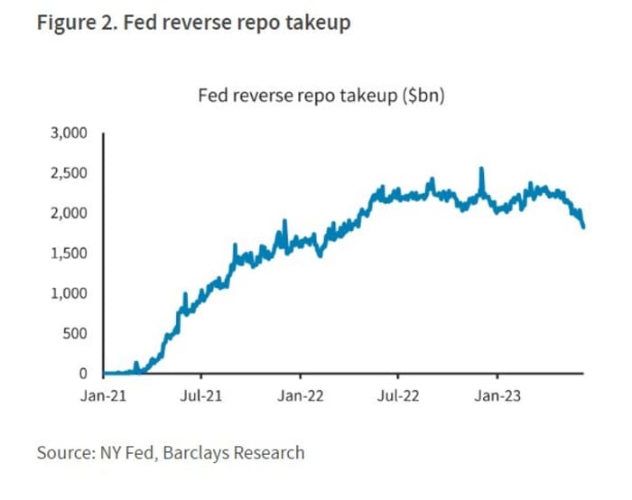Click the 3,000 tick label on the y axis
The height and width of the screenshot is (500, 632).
point(70,133)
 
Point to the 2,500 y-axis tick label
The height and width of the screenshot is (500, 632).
point(70,172)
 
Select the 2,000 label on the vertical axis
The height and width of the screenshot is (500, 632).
point(70,213)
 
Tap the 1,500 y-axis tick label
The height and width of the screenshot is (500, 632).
point(70,253)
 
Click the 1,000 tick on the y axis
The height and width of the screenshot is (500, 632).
point(70,293)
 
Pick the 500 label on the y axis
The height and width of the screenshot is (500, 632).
point(76,333)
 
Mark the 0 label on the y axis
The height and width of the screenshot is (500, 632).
point(83,373)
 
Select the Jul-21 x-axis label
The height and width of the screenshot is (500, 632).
point(201,394)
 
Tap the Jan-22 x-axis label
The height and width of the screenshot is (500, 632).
point(300,394)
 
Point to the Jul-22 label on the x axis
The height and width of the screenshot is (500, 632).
point(397,394)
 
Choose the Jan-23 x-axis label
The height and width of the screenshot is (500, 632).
point(496,394)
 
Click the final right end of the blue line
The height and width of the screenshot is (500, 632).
point(583,227)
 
